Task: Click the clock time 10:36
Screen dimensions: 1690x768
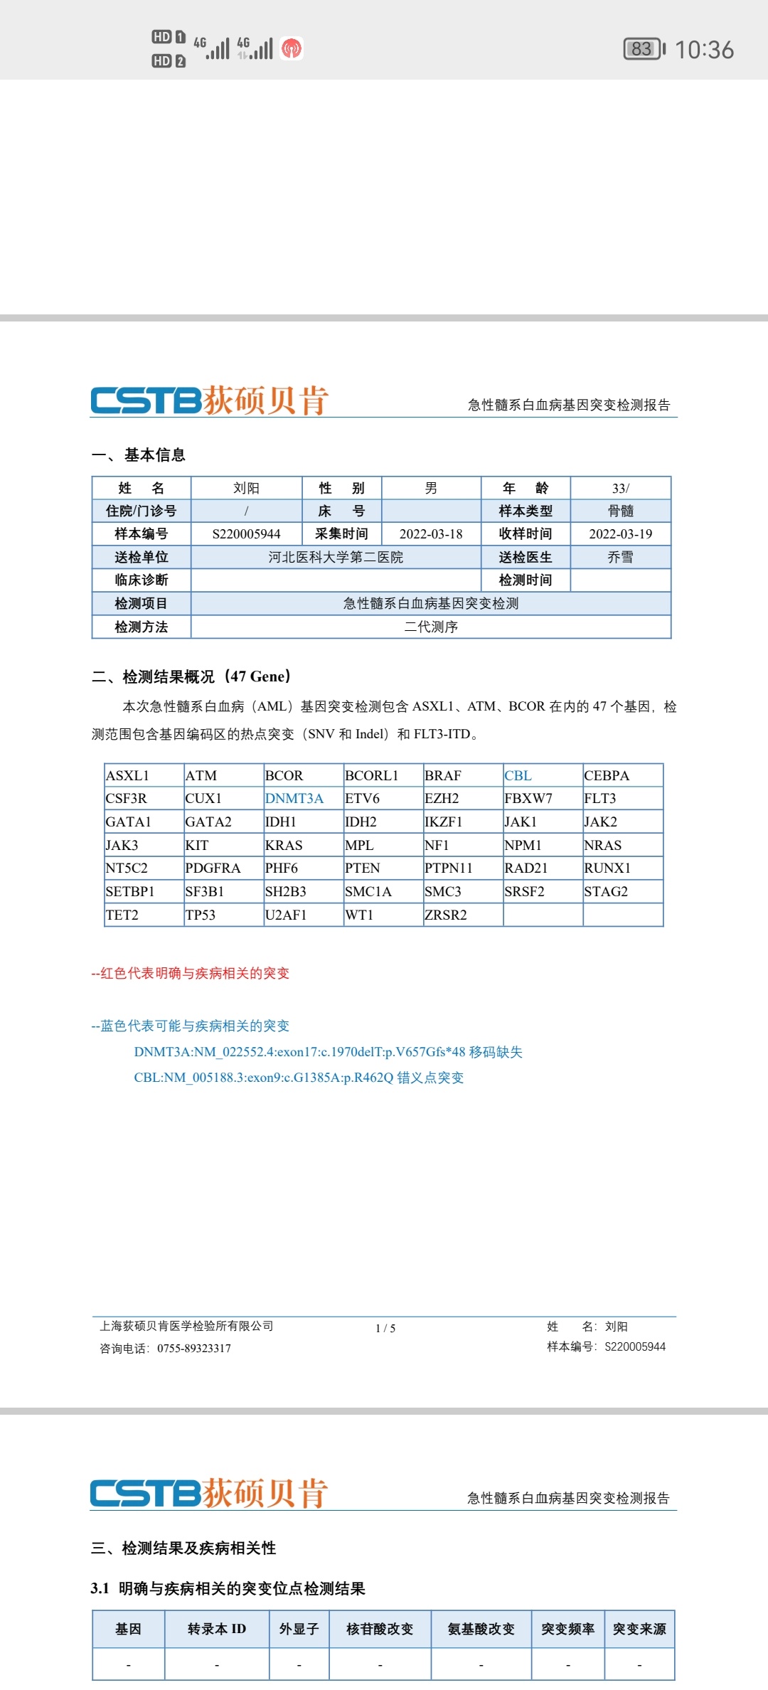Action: [704, 50]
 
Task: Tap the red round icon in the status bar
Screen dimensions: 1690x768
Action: [292, 48]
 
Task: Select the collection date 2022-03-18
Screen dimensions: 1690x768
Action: [431, 534]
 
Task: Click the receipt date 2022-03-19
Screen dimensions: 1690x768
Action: [620, 534]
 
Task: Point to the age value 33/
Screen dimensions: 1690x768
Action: [620, 489]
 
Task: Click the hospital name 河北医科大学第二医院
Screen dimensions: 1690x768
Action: [336, 557]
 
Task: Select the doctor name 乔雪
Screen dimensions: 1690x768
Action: [620, 557]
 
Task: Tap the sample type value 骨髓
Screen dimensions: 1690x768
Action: [620, 511]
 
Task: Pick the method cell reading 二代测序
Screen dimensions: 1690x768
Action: [431, 627]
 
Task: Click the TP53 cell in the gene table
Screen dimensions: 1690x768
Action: [201, 915]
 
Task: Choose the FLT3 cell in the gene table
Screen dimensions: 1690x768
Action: [600, 799]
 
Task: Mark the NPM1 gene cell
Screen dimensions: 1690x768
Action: [523, 846]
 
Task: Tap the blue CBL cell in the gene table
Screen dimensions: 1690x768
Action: [518, 776]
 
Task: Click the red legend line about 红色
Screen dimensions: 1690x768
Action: [191, 973]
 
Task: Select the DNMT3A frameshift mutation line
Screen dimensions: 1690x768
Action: [328, 1052]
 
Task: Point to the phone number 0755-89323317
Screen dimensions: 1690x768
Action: [194, 1349]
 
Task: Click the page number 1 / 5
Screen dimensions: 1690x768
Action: [385, 1328]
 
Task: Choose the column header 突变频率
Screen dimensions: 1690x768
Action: [567, 1629]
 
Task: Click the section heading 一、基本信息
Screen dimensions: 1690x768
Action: [139, 455]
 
